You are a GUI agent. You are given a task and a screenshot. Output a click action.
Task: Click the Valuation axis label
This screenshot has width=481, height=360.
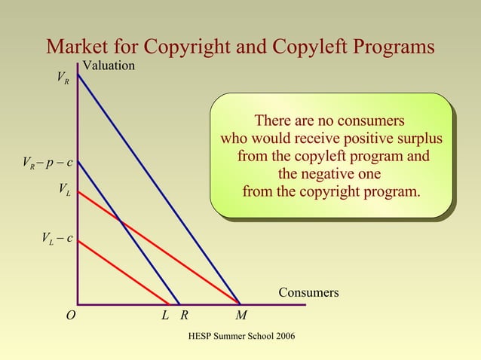coord(109,66)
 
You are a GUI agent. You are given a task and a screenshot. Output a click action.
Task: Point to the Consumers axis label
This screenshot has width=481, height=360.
coord(308,292)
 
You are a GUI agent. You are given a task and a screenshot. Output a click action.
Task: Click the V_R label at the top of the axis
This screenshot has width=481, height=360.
coord(63,78)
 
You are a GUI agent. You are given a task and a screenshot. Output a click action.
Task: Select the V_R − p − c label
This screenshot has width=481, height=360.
coord(47,163)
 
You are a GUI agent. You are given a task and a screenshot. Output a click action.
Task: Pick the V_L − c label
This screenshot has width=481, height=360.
coord(57,239)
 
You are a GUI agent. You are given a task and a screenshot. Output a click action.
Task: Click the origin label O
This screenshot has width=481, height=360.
coord(70,316)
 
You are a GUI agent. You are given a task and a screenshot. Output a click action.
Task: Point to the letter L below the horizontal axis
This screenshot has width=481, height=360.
coord(165,316)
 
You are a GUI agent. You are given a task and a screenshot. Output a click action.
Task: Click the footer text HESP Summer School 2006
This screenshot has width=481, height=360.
coord(240,334)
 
